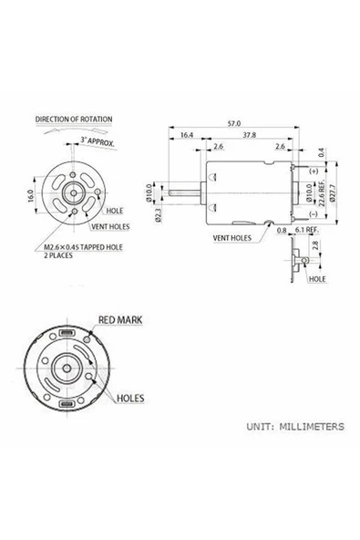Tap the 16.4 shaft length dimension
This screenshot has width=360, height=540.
point(187,134)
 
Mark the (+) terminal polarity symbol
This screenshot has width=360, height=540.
point(313,171)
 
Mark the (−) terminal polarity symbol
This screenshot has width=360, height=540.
point(313,213)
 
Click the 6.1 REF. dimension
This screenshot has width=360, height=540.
point(307,231)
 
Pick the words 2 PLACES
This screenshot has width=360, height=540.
point(61,255)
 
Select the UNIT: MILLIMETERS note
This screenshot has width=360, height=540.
point(294,426)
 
